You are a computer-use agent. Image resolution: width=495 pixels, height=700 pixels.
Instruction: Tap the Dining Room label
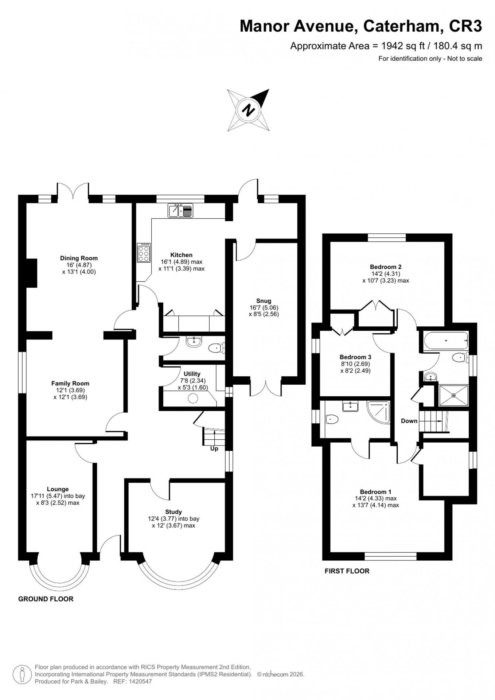click(79, 258)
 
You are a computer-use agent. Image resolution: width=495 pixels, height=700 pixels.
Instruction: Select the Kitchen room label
click(182, 255)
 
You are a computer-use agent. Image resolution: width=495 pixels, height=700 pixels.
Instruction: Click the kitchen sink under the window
click(180, 210)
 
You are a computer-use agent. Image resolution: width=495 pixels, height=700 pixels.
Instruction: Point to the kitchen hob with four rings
click(143, 252)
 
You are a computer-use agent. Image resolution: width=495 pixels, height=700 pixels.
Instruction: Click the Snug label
click(264, 301)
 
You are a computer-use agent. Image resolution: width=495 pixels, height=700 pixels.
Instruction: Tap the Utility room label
click(192, 374)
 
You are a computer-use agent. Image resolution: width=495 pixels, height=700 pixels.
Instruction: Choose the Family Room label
click(70, 383)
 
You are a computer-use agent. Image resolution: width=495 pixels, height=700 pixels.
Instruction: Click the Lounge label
click(58, 489)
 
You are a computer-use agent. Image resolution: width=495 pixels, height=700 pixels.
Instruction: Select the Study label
click(174, 512)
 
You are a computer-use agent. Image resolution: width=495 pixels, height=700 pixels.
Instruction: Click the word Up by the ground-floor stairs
click(214, 448)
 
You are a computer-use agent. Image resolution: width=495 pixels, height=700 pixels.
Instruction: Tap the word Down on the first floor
click(409, 421)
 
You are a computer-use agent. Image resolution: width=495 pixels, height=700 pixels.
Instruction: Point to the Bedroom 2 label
click(386, 267)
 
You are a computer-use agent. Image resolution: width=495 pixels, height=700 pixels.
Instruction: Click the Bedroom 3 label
click(355, 357)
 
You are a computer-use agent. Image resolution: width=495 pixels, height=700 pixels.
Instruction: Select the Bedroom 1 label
click(375, 491)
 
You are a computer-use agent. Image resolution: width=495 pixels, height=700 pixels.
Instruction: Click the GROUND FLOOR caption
click(46, 599)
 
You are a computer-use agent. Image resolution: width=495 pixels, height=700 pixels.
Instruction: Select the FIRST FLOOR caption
click(347, 571)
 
